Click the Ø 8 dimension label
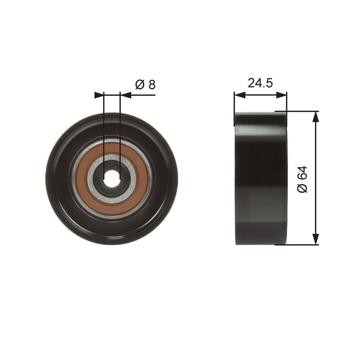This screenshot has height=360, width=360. pyautogui.click(x=146, y=85)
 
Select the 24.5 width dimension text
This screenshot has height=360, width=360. pyautogui.click(x=260, y=83)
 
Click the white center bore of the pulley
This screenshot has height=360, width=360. pyautogui.click(x=111, y=178)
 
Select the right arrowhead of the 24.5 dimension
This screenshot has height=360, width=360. pyautogui.click(x=282, y=95)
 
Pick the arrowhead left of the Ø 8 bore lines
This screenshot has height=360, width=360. pyautogui.click(x=99, y=95)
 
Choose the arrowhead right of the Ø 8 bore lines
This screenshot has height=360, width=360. pyautogui.click(x=125, y=95)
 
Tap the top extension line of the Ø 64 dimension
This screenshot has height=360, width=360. pyautogui.click(x=299, y=111)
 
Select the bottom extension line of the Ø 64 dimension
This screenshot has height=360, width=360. pyautogui.click(x=299, y=244)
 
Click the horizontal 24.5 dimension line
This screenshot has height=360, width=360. pyautogui.click(x=260, y=95)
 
